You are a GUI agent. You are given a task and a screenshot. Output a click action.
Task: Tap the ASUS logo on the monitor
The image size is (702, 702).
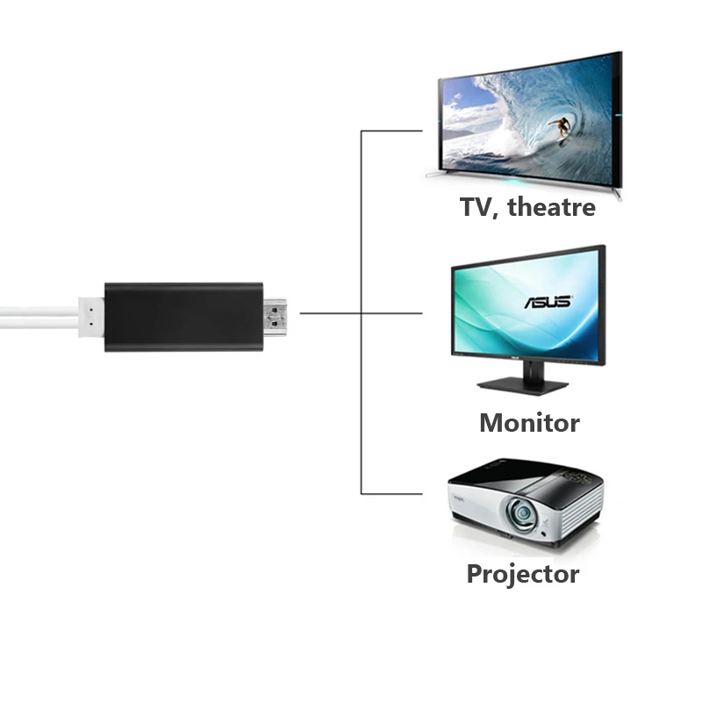[x=548, y=301]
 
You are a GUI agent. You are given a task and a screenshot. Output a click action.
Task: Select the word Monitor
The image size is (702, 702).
[x=529, y=423]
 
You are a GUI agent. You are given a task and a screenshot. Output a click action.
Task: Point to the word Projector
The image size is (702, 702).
[x=522, y=575]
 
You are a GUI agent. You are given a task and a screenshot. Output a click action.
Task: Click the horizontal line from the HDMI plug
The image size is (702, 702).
[x=329, y=312]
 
